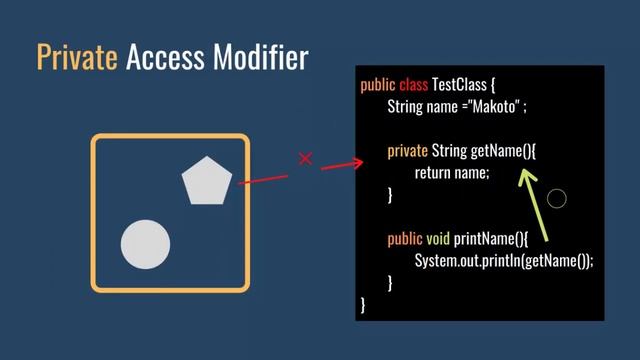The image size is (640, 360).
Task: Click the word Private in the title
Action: (x=77, y=57)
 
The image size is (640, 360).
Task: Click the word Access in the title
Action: (x=166, y=57)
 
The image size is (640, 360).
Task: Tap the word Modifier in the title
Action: (x=260, y=57)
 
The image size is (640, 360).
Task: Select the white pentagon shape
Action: (x=207, y=181)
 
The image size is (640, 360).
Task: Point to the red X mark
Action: (x=306, y=159)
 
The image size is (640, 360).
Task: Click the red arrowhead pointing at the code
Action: (x=357, y=161)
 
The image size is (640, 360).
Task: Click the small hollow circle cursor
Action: (x=557, y=198)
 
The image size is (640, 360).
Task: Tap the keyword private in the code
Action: (x=407, y=151)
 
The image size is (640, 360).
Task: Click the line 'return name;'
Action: (x=452, y=173)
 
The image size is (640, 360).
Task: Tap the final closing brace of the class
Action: (x=363, y=303)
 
